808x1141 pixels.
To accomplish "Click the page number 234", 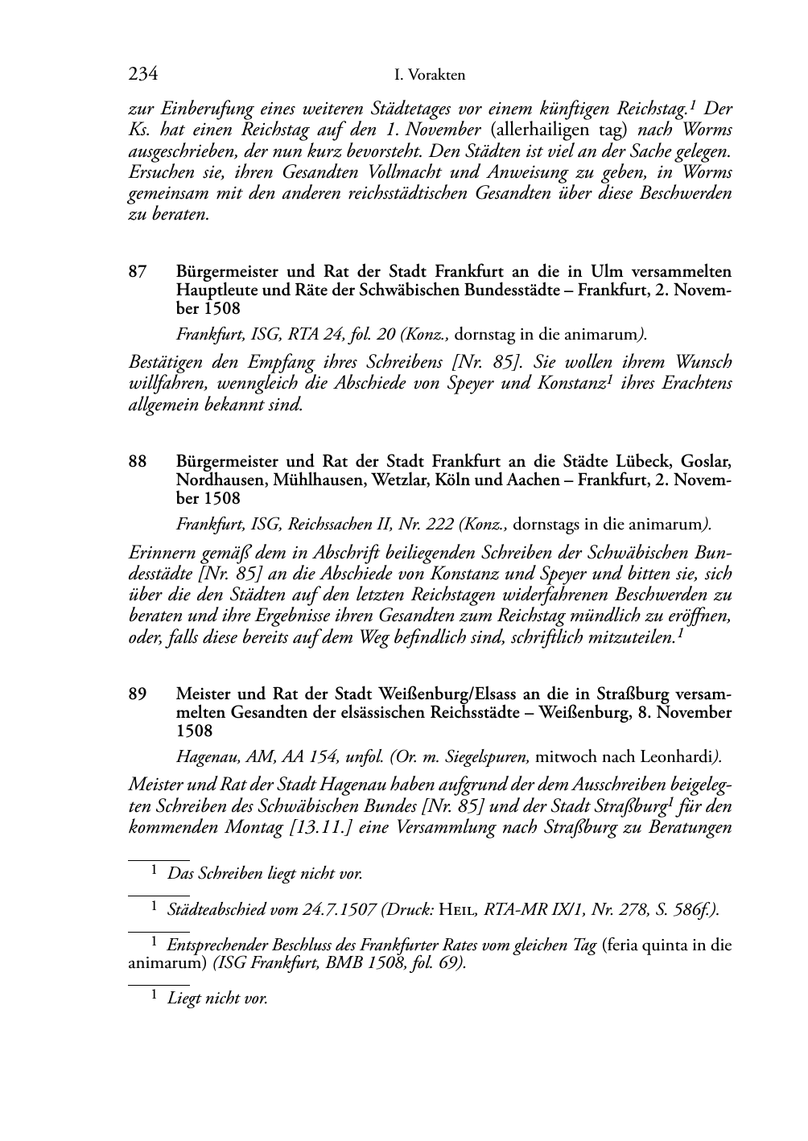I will click(142, 75).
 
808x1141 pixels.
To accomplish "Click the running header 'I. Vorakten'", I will click(430, 76).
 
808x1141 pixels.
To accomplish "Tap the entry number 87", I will click(138, 272).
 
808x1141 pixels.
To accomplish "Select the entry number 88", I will click(138, 462).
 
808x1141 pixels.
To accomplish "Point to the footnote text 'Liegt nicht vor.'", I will click(216, 999).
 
